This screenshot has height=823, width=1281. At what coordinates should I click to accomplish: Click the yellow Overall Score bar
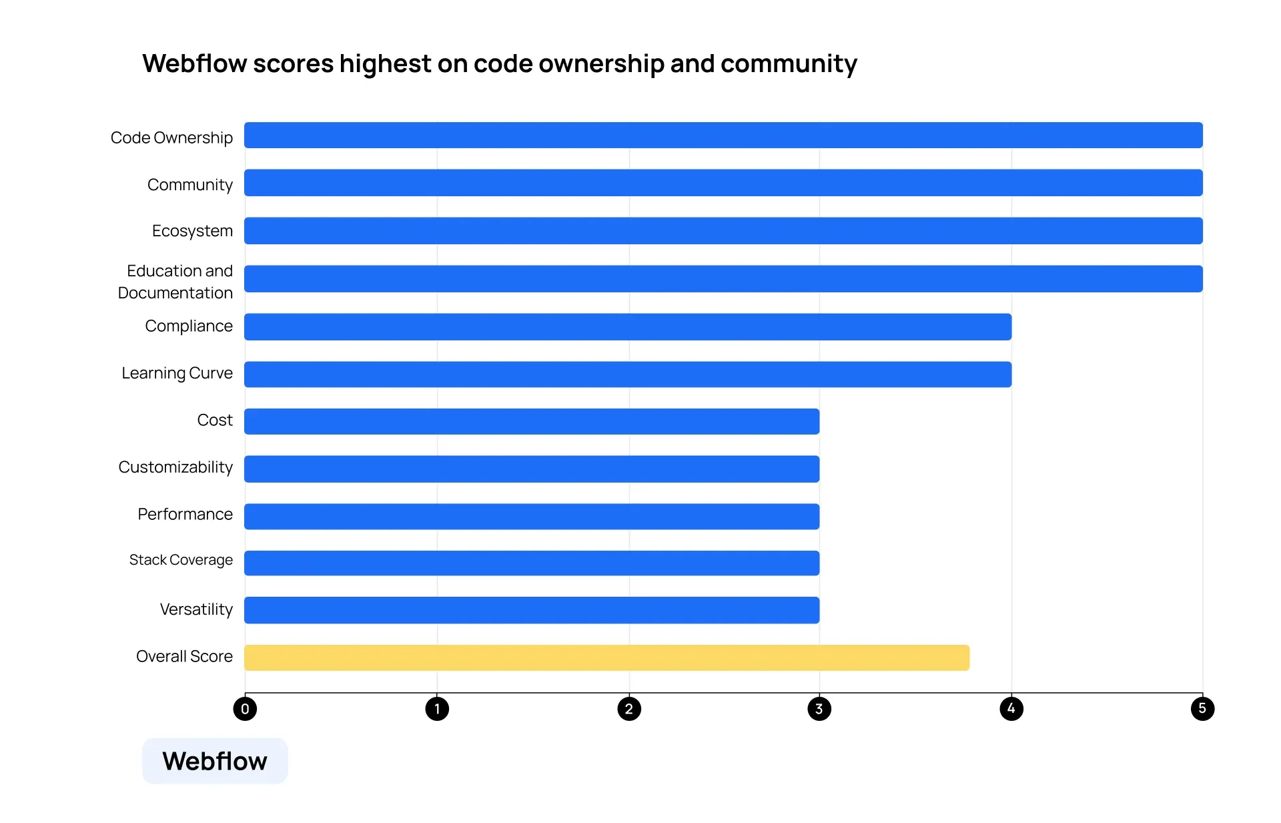tap(606, 657)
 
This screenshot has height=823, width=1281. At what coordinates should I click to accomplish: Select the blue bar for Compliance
tap(627, 327)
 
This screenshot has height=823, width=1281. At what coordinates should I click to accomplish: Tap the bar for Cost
tap(532, 422)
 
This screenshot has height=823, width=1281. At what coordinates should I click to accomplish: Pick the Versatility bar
tap(532, 610)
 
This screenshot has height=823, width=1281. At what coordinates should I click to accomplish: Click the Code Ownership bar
tap(723, 135)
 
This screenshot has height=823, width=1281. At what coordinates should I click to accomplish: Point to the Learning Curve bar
tap(627, 374)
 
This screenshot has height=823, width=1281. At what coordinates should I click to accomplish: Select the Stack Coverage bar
tap(532, 563)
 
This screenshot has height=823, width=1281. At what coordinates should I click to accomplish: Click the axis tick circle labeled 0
tap(245, 709)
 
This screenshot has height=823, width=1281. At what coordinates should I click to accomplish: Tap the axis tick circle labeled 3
tap(819, 709)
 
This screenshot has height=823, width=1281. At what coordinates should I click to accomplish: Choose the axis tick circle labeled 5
tap(1202, 708)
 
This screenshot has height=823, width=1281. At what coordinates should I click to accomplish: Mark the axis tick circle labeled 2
tap(629, 709)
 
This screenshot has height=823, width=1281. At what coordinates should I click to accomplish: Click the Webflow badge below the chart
tap(215, 761)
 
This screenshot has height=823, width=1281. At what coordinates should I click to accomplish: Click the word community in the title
tap(789, 64)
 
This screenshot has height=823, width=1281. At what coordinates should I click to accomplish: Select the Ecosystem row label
tap(192, 231)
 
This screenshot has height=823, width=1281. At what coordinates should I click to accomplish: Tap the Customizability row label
tap(175, 467)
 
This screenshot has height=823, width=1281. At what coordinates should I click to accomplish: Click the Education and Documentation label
tap(176, 282)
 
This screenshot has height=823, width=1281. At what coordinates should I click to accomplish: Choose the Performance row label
tap(185, 514)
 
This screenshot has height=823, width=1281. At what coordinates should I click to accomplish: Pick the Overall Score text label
tap(184, 657)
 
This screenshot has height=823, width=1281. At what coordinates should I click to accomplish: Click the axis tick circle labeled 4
tap(1011, 709)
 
